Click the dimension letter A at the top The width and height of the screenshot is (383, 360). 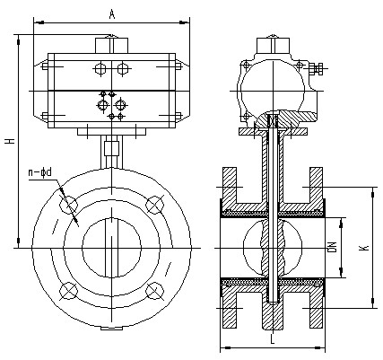coord(112,14)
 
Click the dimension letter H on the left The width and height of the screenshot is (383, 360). coord(11,141)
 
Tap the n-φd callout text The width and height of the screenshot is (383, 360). coord(40,172)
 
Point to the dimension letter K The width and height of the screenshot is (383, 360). coord(365,248)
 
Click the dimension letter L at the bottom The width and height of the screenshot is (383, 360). coord(273,338)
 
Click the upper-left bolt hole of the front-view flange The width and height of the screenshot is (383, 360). coord(68,205)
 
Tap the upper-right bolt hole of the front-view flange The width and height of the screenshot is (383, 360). coord(154,205)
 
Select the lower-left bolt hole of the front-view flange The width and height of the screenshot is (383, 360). coord(68,291)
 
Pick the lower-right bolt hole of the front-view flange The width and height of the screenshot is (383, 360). coord(154,291)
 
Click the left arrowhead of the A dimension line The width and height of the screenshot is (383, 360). coord(39,22)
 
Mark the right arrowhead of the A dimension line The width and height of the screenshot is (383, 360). coord(184,22)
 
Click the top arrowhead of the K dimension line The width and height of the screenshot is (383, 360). coord(373,192)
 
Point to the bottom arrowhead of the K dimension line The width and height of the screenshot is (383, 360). coord(373,303)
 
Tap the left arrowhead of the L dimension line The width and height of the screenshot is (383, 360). coord(226,347)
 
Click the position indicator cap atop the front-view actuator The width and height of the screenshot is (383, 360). coord(111,45)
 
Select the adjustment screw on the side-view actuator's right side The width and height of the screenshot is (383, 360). coord(318,69)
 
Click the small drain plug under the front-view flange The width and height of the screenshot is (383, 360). coord(111,329)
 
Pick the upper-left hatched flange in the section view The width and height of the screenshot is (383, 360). coord(230,186)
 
